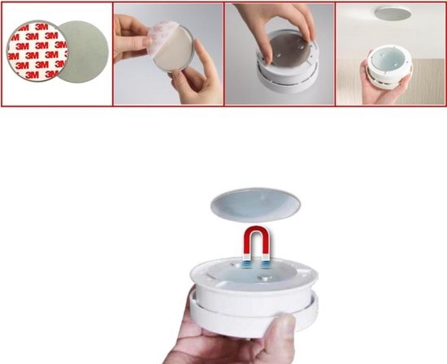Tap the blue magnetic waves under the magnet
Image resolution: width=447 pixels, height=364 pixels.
pyautogui.click(x=256, y=265)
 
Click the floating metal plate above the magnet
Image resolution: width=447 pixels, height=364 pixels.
pyautogui.click(x=255, y=205)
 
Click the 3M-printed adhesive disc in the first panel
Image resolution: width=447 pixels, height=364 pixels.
pyautogui.click(x=37, y=51)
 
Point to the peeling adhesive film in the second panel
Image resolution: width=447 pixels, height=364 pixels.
pyautogui.click(x=163, y=37)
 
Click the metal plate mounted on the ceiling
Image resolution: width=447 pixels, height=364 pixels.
pyautogui.click(x=393, y=13)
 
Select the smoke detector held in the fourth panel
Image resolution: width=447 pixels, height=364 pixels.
pyautogui.click(x=389, y=67)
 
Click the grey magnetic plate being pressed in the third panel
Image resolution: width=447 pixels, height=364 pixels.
pyautogui.click(x=289, y=51)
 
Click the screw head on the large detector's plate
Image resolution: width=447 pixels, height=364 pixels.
pyautogui.click(x=263, y=277)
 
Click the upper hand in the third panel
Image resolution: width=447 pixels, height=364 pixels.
pyautogui.click(x=275, y=27)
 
